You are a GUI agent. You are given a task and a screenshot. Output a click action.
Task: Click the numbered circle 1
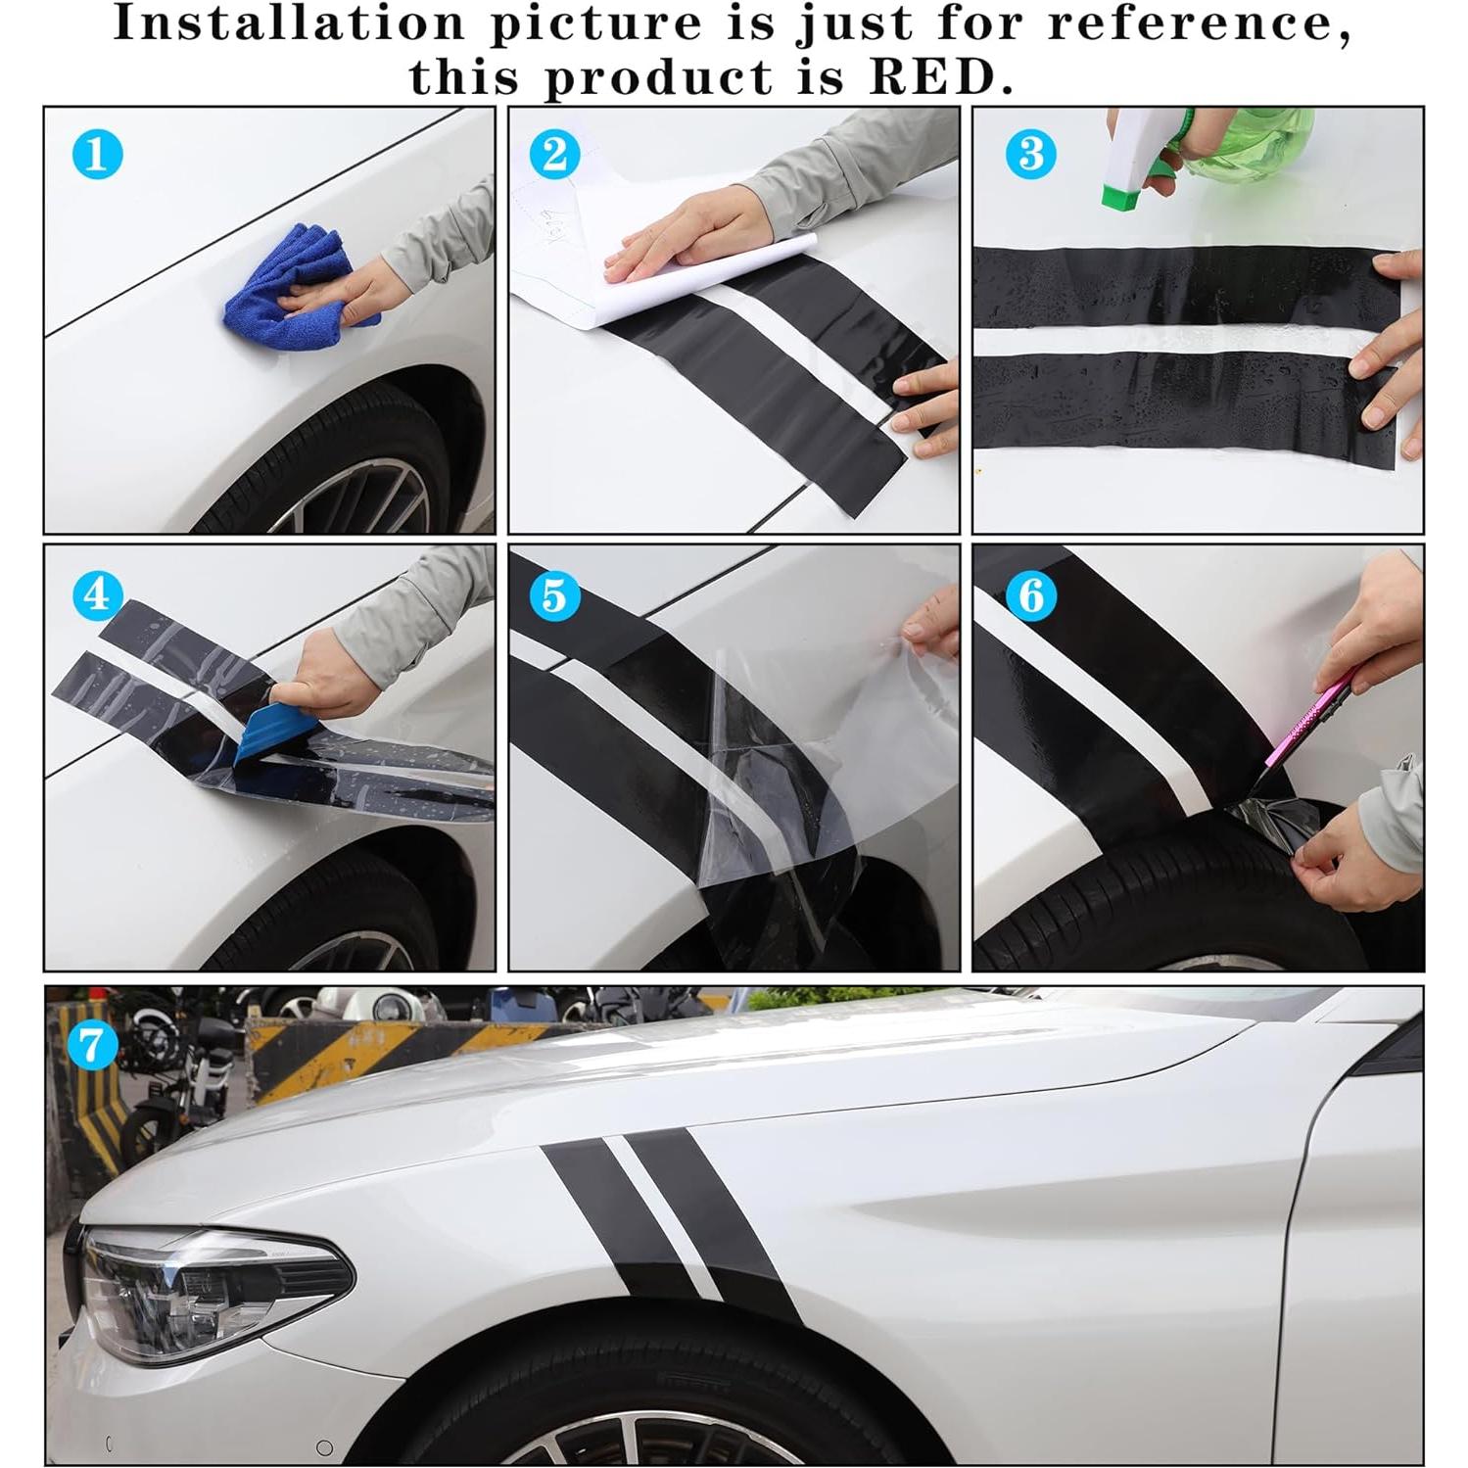[97, 154]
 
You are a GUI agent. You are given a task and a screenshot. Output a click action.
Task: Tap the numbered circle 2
[554, 154]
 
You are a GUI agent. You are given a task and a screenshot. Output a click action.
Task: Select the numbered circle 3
[1031, 154]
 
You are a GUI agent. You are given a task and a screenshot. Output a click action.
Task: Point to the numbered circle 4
[97, 594]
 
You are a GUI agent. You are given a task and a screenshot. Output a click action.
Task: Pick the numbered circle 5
[554, 594]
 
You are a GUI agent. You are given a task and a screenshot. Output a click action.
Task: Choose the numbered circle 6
[1031, 594]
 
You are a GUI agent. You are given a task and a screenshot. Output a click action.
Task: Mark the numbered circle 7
[92, 1044]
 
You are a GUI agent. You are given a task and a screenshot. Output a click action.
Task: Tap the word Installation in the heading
[289, 24]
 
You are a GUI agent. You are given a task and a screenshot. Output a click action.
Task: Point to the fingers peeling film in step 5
[930, 627]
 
